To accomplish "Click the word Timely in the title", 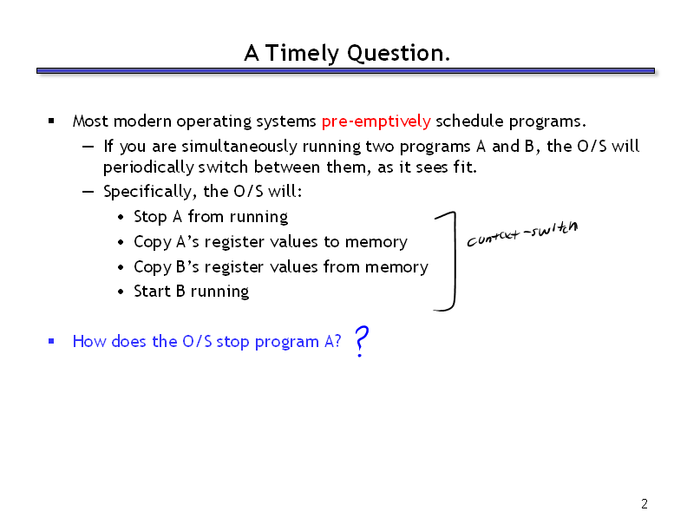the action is click(x=302, y=54).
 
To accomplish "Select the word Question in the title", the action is click(x=396, y=54).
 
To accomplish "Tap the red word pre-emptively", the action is click(x=376, y=121).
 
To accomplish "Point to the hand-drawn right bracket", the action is click(x=455, y=261).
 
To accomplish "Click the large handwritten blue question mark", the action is click(x=361, y=341).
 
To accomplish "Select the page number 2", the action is click(x=644, y=504).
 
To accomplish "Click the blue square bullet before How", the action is click(x=51, y=341).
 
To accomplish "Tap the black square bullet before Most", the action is click(x=51, y=121).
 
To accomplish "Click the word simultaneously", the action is click(x=239, y=147).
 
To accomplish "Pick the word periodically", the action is click(x=148, y=167).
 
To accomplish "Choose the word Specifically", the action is click(x=147, y=192).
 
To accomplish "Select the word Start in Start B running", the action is click(x=152, y=292).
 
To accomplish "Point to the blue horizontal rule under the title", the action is click(x=346, y=70).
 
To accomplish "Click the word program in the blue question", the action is click(x=286, y=342).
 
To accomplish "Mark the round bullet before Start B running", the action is click(x=121, y=292).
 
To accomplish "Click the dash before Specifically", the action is click(x=88, y=192).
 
